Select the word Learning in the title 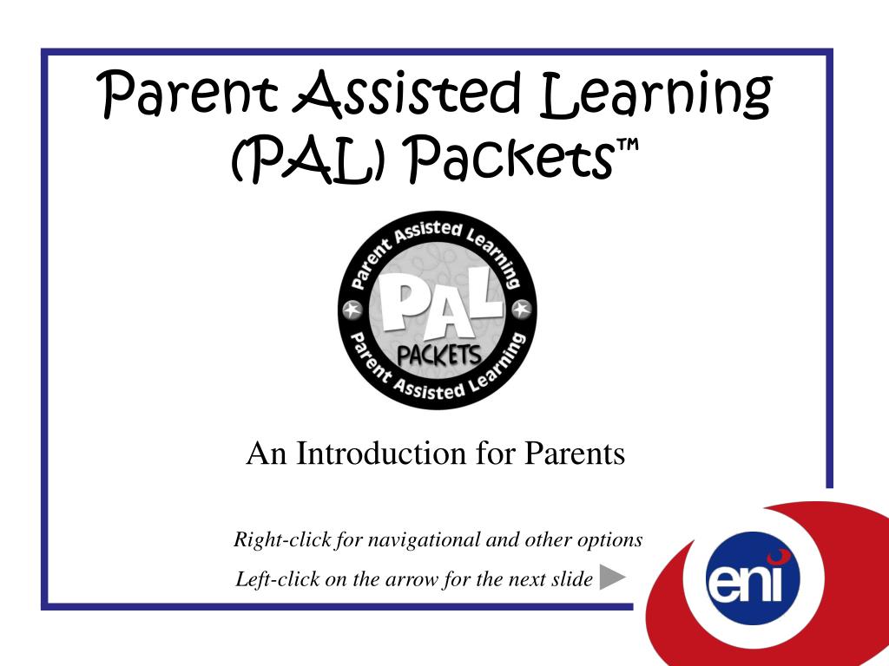pyautogui.click(x=656, y=95)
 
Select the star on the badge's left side pyautogui.click(x=352, y=309)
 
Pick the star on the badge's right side pyautogui.click(x=522, y=309)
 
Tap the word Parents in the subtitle pyautogui.click(x=574, y=453)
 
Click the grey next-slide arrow pyautogui.click(x=612, y=577)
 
